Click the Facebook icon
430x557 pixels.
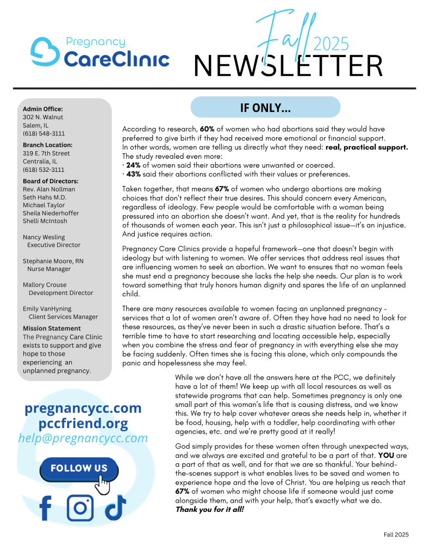46,508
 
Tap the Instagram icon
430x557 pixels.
80,507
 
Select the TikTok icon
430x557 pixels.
115,507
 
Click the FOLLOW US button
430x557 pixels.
79,468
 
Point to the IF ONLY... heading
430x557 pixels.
265,108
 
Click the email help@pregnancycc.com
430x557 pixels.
83,438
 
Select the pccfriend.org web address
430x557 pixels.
83,423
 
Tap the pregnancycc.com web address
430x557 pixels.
83,409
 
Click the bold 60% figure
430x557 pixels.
208,129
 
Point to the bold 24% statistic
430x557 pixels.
134,165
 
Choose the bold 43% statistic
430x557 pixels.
134,174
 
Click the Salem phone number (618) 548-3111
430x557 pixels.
43,133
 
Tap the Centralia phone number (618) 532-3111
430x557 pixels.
43,169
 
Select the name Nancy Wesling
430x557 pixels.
43,237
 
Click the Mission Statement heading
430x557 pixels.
52,329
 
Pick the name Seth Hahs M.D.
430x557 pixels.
45,197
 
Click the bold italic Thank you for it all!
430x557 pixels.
210,510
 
